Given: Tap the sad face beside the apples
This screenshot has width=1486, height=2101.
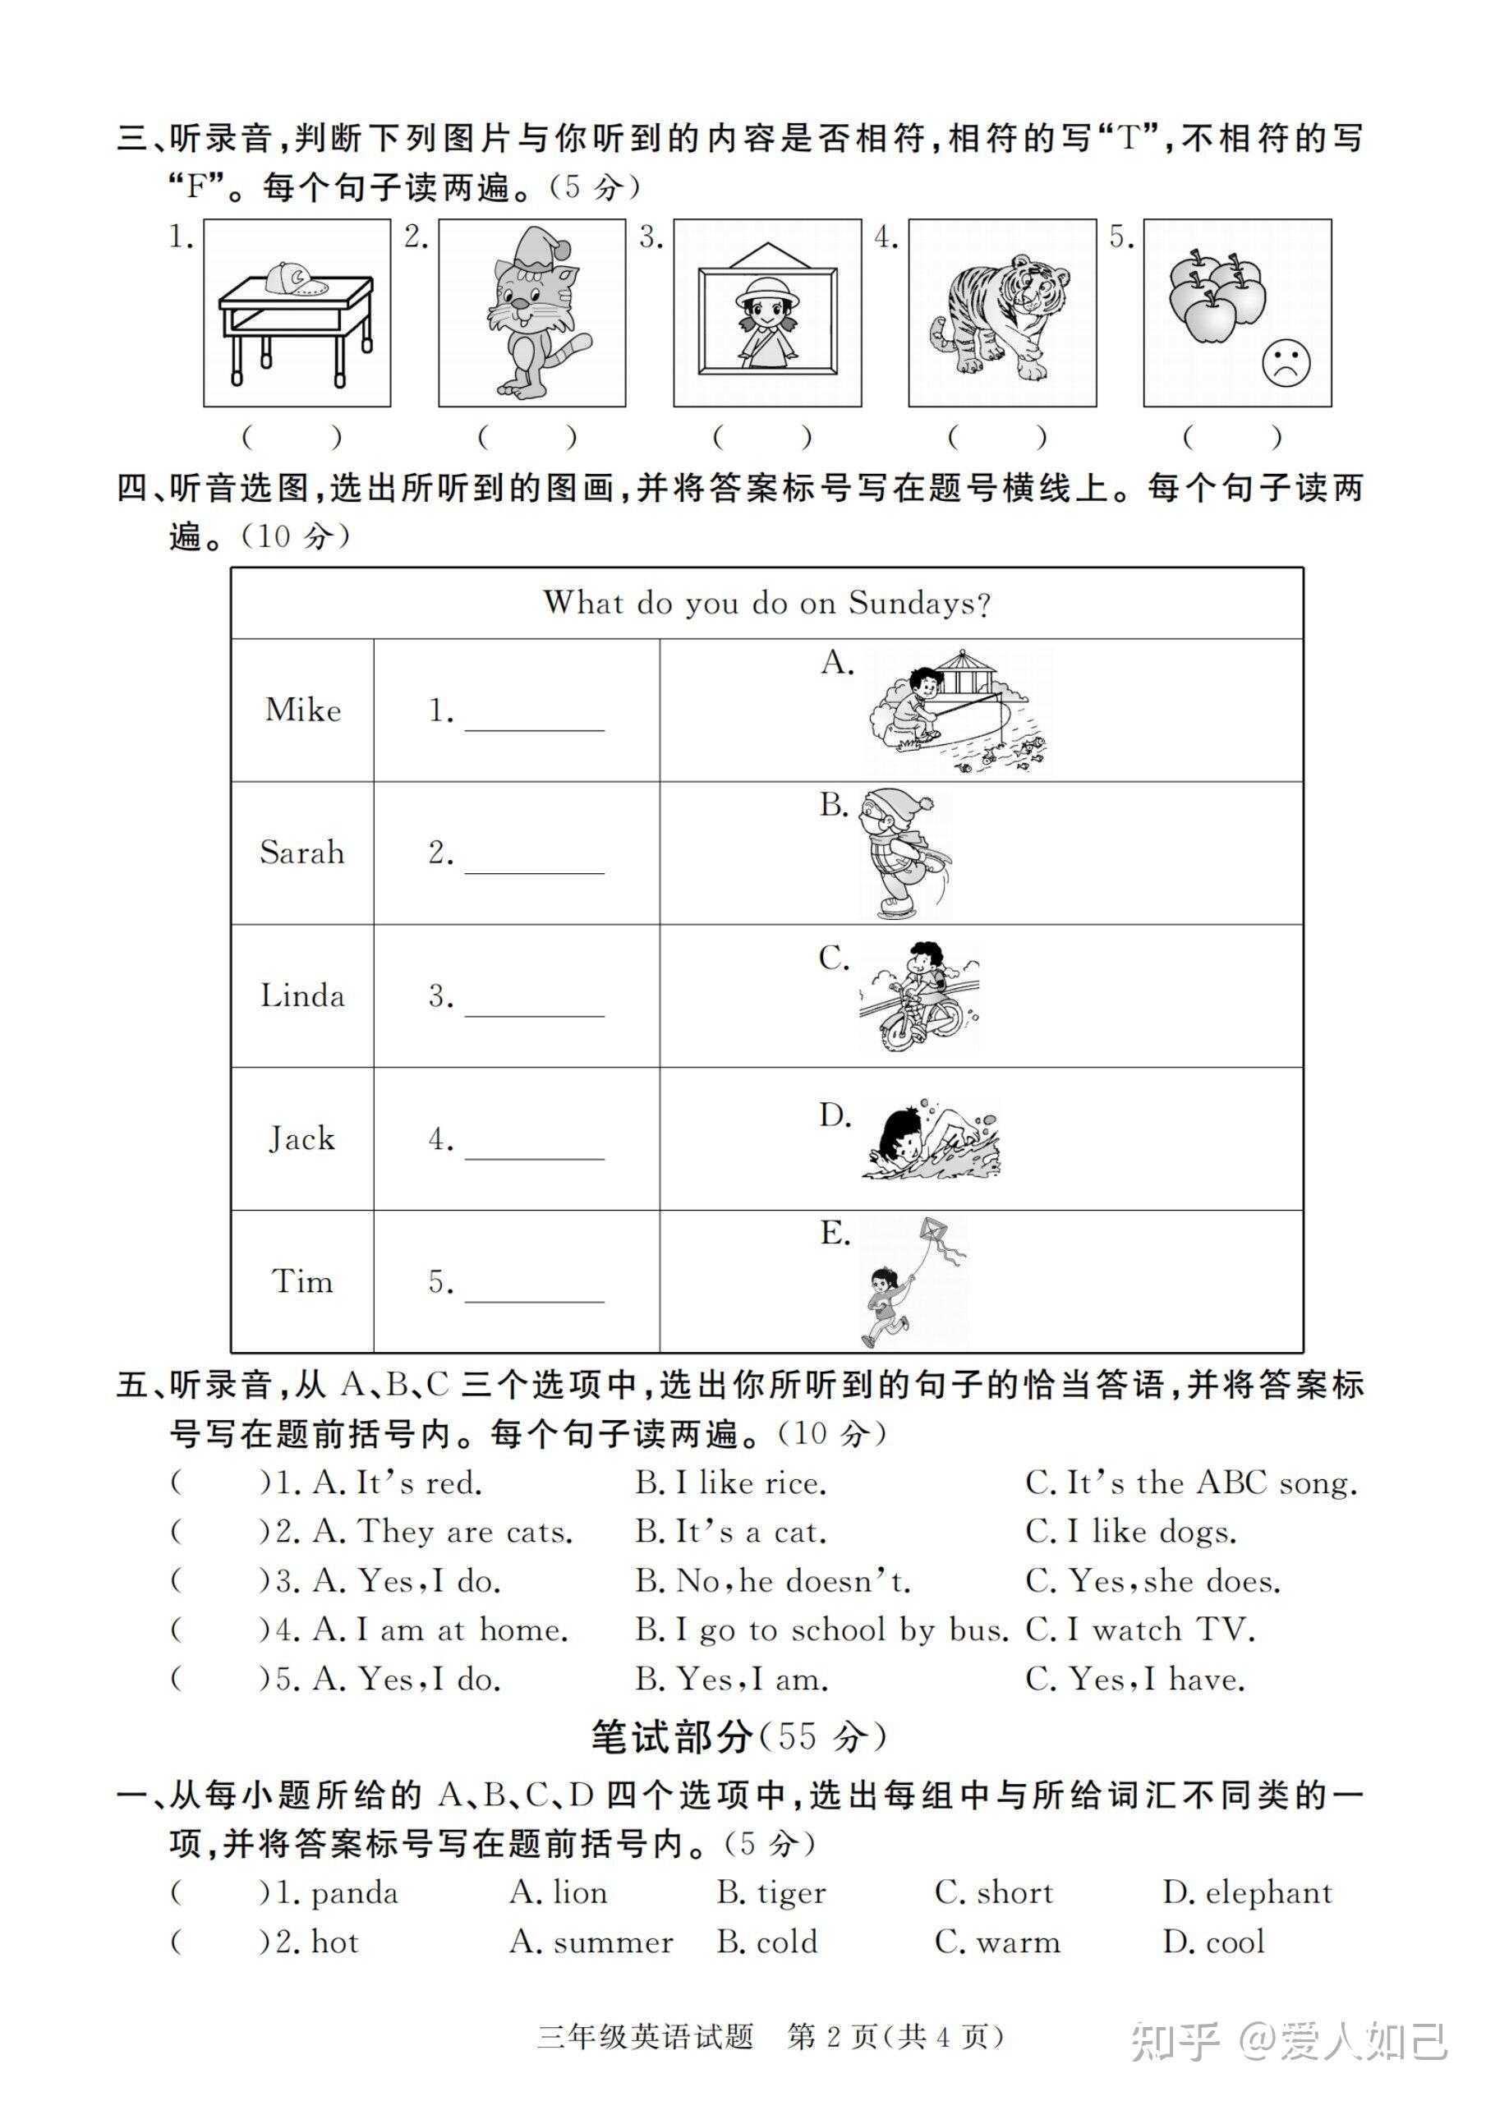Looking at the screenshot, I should [1286, 363].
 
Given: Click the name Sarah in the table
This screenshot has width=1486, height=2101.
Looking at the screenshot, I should [302, 853].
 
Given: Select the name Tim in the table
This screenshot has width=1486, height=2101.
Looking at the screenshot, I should [302, 1281].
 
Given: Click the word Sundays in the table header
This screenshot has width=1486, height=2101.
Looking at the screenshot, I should [918, 603].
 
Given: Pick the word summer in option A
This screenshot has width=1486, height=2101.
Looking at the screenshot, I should [613, 1942].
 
